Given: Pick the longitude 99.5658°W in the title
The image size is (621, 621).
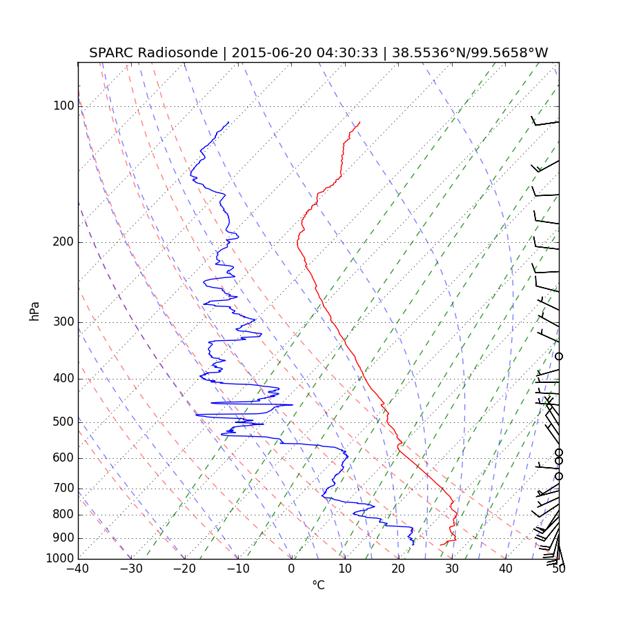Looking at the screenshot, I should [510, 53].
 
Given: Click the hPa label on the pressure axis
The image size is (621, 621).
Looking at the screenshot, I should [34, 310].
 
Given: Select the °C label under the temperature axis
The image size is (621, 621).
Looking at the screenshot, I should [318, 585].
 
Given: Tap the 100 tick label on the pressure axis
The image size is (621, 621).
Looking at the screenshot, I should [63, 106].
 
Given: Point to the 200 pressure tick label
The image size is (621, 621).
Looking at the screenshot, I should [63, 242].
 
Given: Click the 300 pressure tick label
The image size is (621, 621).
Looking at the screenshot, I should [63, 322].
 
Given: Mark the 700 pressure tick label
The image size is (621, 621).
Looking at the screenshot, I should [63, 489].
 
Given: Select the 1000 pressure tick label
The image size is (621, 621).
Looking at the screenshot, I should [60, 558].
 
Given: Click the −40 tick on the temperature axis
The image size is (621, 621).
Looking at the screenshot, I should [78, 569].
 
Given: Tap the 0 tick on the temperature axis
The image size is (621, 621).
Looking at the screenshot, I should [292, 569].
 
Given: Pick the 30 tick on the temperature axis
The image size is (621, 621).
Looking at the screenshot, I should [452, 569].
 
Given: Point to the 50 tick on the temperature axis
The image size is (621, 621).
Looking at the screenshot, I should [559, 569].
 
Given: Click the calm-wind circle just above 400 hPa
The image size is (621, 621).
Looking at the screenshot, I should [559, 356].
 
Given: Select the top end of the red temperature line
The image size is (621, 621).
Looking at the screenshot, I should [359, 122].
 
